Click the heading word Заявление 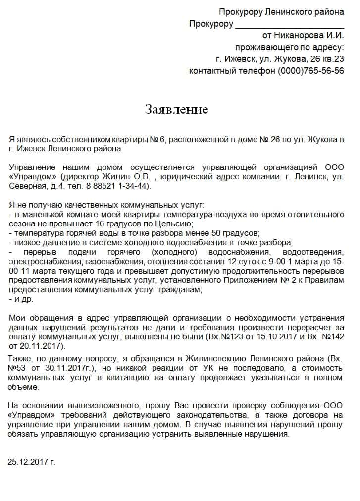(176, 110)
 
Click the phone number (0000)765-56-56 (310, 70)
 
